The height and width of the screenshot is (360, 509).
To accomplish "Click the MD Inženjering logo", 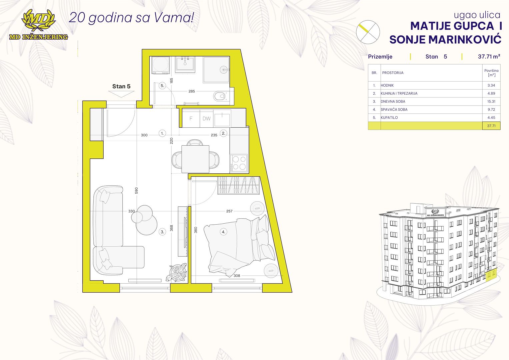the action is coord(38,25).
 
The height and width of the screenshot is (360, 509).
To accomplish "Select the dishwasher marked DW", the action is coord(207,118).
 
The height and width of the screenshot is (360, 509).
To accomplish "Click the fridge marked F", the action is coord(191,118).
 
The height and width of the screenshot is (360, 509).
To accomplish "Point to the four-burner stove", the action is coord(239,163).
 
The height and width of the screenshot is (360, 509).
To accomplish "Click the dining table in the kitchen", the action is coord(195,159).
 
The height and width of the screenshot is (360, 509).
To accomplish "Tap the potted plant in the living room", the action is coord(177,272).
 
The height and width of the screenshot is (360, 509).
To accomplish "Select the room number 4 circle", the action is coord(223,232).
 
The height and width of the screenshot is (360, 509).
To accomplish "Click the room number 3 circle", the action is coord(162,232).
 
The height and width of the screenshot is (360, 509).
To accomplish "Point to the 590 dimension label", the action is coord(136,190).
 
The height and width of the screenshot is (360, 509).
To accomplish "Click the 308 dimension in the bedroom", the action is coord(237,275).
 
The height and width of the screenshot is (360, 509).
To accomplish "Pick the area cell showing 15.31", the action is coord(491,101).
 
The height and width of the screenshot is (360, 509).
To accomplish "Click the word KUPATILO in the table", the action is coord(389,117).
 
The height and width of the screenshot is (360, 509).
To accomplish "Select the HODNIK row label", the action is coord(387,85).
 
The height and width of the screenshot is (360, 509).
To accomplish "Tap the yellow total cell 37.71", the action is coord(491,126).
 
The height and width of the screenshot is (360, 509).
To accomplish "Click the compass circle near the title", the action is coord(368,32).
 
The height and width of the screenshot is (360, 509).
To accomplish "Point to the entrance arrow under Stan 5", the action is coord(121,94).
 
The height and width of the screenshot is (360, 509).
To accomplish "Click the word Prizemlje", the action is coord(380,57).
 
